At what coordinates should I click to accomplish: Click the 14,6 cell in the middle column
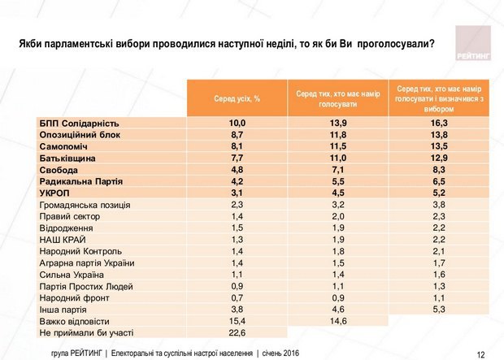pyautogui.click(x=337, y=321)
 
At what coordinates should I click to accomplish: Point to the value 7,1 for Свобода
pyautogui.click(x=337, y=170)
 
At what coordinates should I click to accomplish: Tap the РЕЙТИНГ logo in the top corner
pyautogui.click(x=469, y=47)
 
